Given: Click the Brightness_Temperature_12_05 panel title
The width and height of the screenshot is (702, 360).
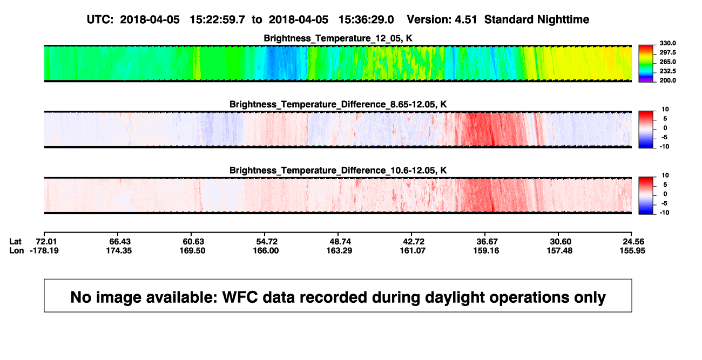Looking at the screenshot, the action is [x=338, y=38].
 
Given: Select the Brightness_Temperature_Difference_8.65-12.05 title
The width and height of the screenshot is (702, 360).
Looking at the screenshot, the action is [x=338, y=104].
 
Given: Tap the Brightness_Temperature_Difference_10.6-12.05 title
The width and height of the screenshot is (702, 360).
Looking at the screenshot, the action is [x=338, y=171].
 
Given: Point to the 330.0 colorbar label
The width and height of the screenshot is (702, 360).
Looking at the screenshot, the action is [x=667, y=43].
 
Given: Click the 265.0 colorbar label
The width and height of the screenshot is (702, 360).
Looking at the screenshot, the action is [x=667, y=62].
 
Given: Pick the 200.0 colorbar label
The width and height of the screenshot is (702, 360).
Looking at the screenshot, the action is [x=667, y=80].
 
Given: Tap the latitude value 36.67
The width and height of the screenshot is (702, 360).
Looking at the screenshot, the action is [x=487, y=242].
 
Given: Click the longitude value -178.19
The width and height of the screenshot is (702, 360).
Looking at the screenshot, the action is [x=44, y=250].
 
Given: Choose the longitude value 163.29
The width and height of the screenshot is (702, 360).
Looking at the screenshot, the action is [x=339, y=250].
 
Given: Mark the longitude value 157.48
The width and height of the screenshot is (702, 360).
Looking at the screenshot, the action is [x=559, y=250].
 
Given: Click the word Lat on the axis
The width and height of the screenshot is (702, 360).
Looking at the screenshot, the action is [x=15, y=242].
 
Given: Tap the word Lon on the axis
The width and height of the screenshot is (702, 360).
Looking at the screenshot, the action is [x=16, y=250].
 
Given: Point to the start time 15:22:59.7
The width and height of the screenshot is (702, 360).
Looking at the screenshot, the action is [x=217, y=20].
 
